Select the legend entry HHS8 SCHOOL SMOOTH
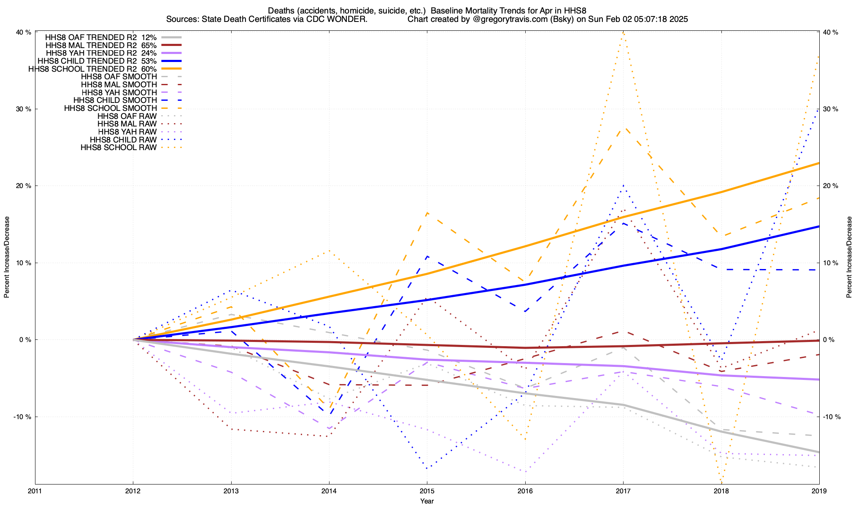coord(111,108)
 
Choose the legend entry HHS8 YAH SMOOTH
coord(119,92)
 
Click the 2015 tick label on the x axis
coord(427,491)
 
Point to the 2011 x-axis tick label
coord(35,491)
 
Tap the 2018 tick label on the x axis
coord(721,491)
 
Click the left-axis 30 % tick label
coord(24,109)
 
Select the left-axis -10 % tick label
coord(23,417)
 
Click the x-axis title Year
coord(427,501)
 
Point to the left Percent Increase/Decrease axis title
coord(7,257)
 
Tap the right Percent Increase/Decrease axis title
coord(849,257)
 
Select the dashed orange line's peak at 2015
coord(427,213)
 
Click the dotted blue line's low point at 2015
coord(427,468)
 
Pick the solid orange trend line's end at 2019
coord(819,163)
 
